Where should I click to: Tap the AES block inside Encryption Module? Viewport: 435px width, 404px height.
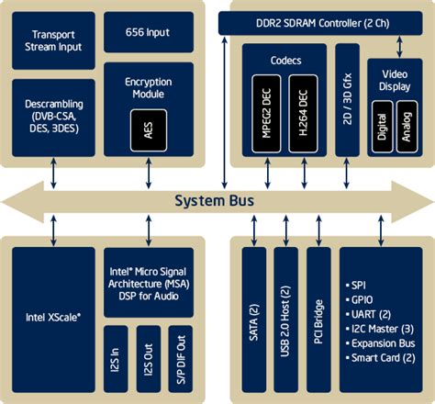coord(147,129)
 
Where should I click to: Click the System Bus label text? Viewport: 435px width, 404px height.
coord(217,200)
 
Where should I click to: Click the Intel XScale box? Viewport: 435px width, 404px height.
coord(53,317)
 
